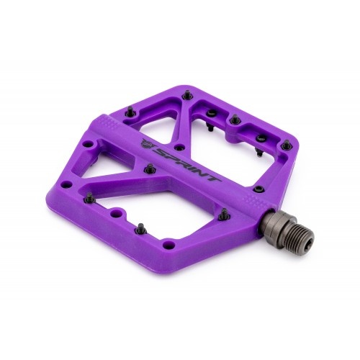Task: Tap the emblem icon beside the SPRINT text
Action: (146, 143)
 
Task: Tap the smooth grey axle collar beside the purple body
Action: (272, 220)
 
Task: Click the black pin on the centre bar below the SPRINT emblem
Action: (150, 168)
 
